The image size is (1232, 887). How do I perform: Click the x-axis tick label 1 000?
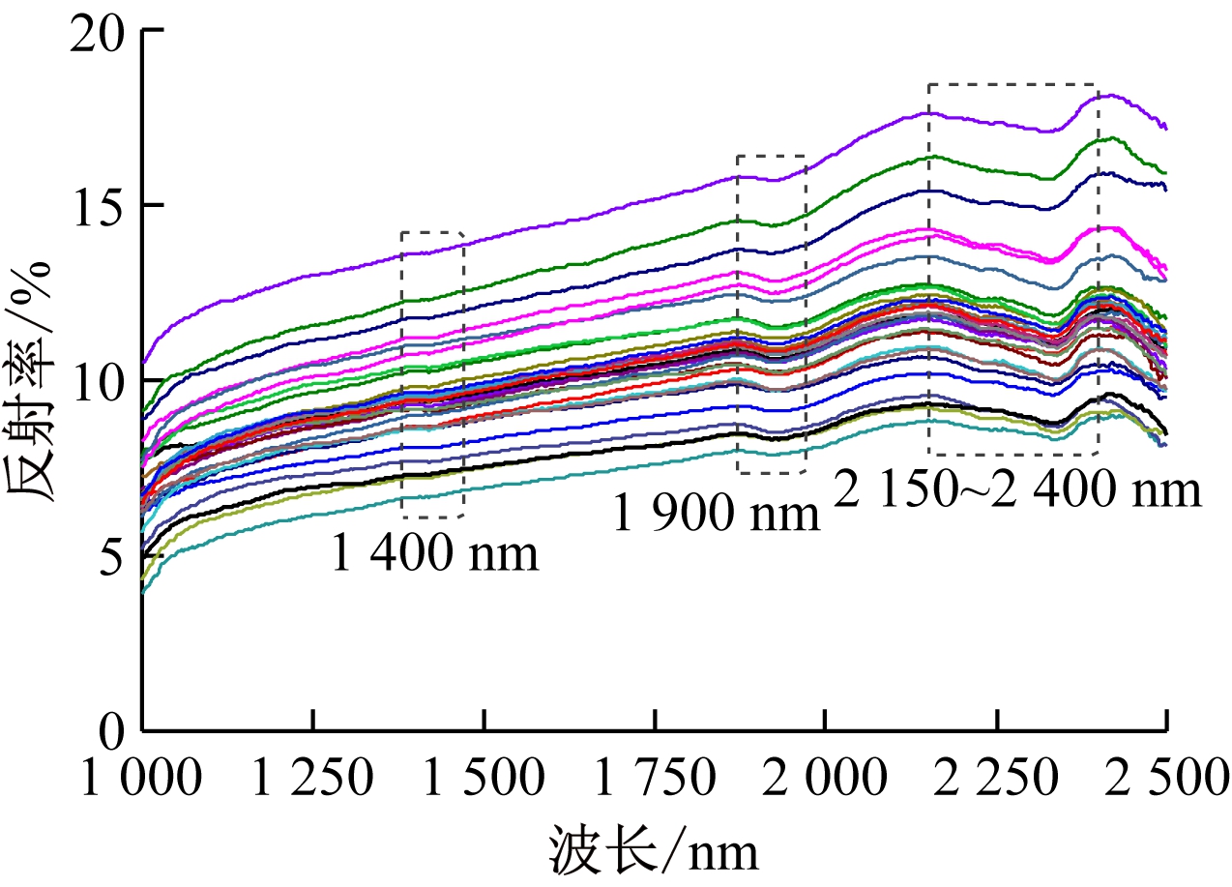(143, 776)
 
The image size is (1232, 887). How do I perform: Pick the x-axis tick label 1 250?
(312, 776)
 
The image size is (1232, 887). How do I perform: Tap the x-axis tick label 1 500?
(484, 776)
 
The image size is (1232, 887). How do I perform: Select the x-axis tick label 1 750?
(655, 776)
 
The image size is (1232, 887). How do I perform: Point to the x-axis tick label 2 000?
(825, 776)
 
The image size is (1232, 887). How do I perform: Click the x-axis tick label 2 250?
(996, 776)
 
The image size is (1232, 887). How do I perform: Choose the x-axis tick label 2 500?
(1165, 776)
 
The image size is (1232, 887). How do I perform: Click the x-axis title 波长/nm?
(654, 852)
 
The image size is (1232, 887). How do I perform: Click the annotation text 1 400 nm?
(434, 555)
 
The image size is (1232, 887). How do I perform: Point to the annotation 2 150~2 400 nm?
(1017, 491)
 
